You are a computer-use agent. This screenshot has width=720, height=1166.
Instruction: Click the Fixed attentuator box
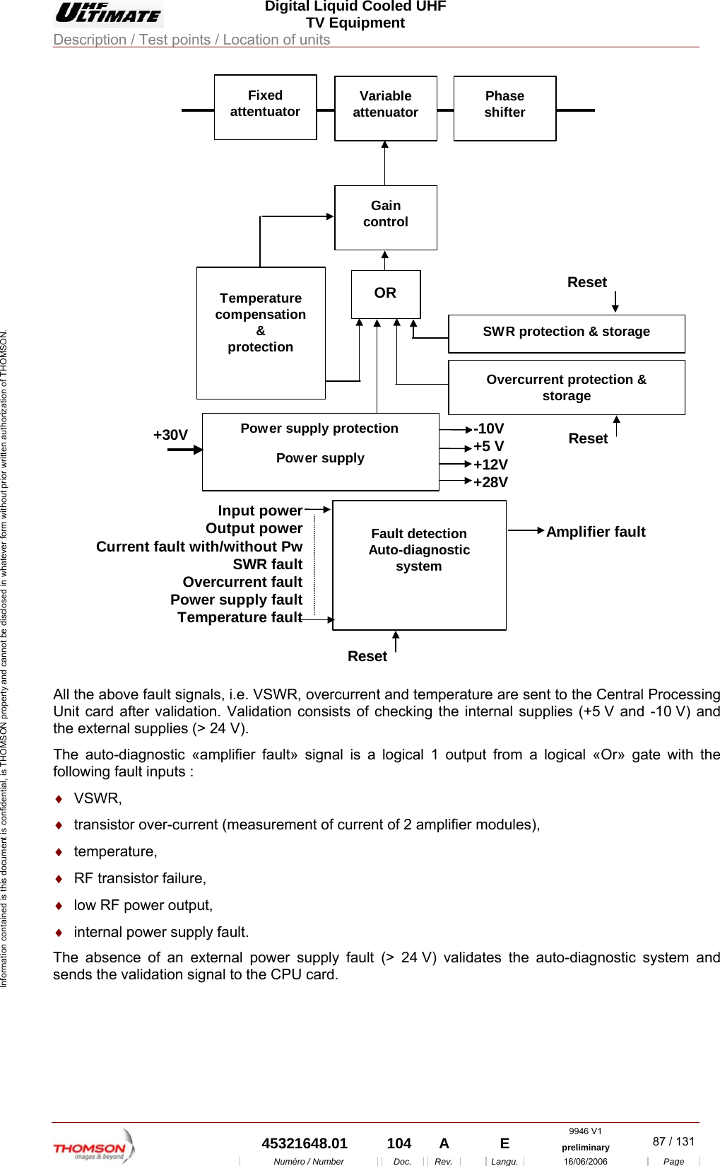[265, 107]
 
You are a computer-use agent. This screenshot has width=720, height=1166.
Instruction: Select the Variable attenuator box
[385, 108]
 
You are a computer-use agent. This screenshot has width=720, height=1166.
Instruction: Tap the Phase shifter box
[504, 108]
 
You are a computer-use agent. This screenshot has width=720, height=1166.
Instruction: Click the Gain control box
[385, 217]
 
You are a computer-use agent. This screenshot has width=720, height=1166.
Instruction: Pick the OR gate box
[385, 293]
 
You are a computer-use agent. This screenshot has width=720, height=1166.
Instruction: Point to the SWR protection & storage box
[566, 333]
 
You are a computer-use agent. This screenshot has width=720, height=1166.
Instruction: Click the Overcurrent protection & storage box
[566, 387]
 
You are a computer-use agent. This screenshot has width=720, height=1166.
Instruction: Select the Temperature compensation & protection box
[261, 332]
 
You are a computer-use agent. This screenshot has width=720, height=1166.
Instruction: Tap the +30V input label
[170, 435]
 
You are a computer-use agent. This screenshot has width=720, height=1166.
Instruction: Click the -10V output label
[489, 428]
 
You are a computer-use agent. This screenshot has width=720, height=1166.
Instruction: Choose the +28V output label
[490, 482]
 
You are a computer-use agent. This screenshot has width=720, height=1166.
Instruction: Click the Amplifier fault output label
[596, 532]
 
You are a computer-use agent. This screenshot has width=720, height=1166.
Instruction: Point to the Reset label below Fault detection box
[367, 656]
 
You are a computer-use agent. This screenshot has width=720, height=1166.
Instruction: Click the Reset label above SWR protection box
[586, 282]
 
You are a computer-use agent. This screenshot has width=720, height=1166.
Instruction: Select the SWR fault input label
[267, 564]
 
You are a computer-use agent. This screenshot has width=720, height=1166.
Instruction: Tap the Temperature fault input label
[240, 617]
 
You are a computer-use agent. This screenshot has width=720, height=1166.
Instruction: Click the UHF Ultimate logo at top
[108, 13]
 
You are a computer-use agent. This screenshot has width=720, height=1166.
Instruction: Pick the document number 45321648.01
[304, 1143]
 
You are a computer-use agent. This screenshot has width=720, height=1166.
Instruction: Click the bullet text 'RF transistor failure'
[140, 878]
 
